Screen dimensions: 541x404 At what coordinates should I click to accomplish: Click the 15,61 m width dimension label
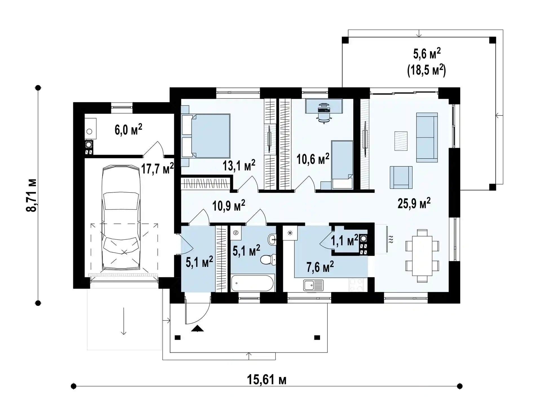[x=267, y=380]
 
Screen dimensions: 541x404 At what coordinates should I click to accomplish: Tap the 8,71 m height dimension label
[x=31, y=195]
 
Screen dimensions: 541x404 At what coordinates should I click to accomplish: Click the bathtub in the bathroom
[x=252, y=283]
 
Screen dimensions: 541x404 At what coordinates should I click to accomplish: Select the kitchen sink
[x=313, y=285]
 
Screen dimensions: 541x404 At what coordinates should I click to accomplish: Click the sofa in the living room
[x=427, y=137]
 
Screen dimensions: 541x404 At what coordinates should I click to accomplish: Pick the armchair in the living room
[x=401, y=177]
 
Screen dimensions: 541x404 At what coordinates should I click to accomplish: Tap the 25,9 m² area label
[x=414, y=203]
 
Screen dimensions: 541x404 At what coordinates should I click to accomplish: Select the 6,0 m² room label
[x=128, y=130]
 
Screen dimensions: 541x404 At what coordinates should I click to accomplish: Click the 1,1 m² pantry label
[x=344, y=240]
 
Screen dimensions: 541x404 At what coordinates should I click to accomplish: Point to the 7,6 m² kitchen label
[x=320, y=267]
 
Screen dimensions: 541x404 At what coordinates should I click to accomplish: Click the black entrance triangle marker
[x=197, y=329]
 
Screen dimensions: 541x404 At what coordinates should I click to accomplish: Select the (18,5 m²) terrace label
[x=426, y=70]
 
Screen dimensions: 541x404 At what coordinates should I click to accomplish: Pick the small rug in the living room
[x=401, y=141]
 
